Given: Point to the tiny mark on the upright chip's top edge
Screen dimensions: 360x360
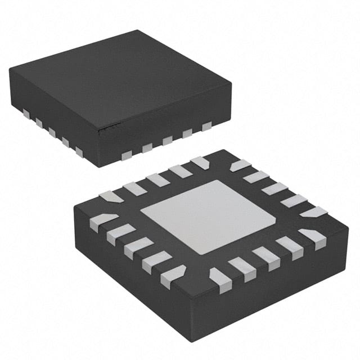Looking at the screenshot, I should click(x=110, y=128).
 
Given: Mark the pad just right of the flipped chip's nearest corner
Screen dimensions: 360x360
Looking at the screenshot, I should click(x=218, y=275).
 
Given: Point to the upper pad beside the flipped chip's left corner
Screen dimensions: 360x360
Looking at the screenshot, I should click(x=111, y=197).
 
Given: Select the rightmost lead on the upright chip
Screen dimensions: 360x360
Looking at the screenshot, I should click(x=207, y=125).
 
